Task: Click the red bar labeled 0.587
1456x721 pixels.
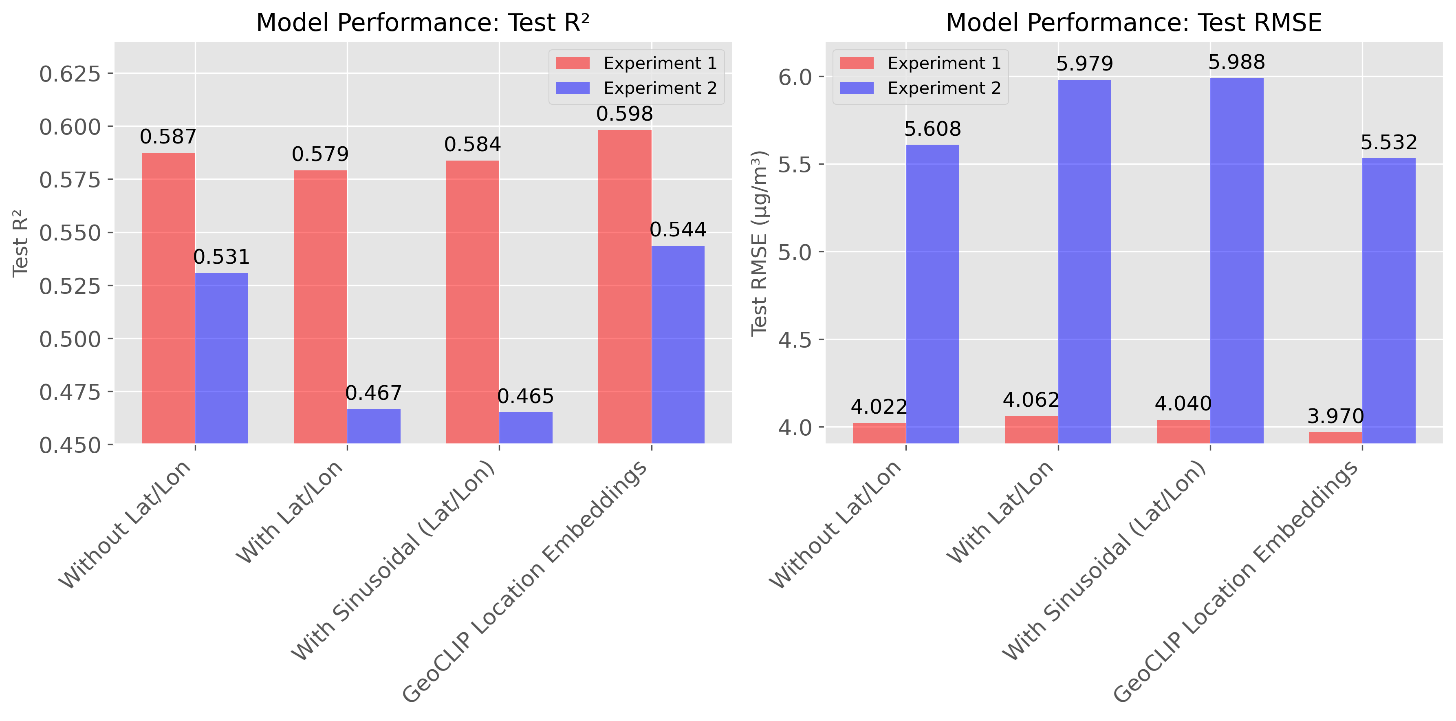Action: [x=168, y=298]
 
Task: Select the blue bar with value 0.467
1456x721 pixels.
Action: [x=374, y=426]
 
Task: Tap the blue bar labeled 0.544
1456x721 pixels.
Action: [x=678, y=344]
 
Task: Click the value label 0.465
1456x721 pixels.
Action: [x=525, y=397]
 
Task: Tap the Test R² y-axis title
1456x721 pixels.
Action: [x=20, y=243]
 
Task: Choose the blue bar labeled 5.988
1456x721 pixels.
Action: [x=1237, y=260]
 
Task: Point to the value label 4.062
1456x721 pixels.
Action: [x=1031, y=400]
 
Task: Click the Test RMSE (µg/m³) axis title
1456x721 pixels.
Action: [x=759, y=243]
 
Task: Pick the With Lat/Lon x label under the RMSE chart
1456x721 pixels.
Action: [x=1000, y=512]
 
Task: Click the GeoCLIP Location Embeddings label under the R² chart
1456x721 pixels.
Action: [x=526, y=582]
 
